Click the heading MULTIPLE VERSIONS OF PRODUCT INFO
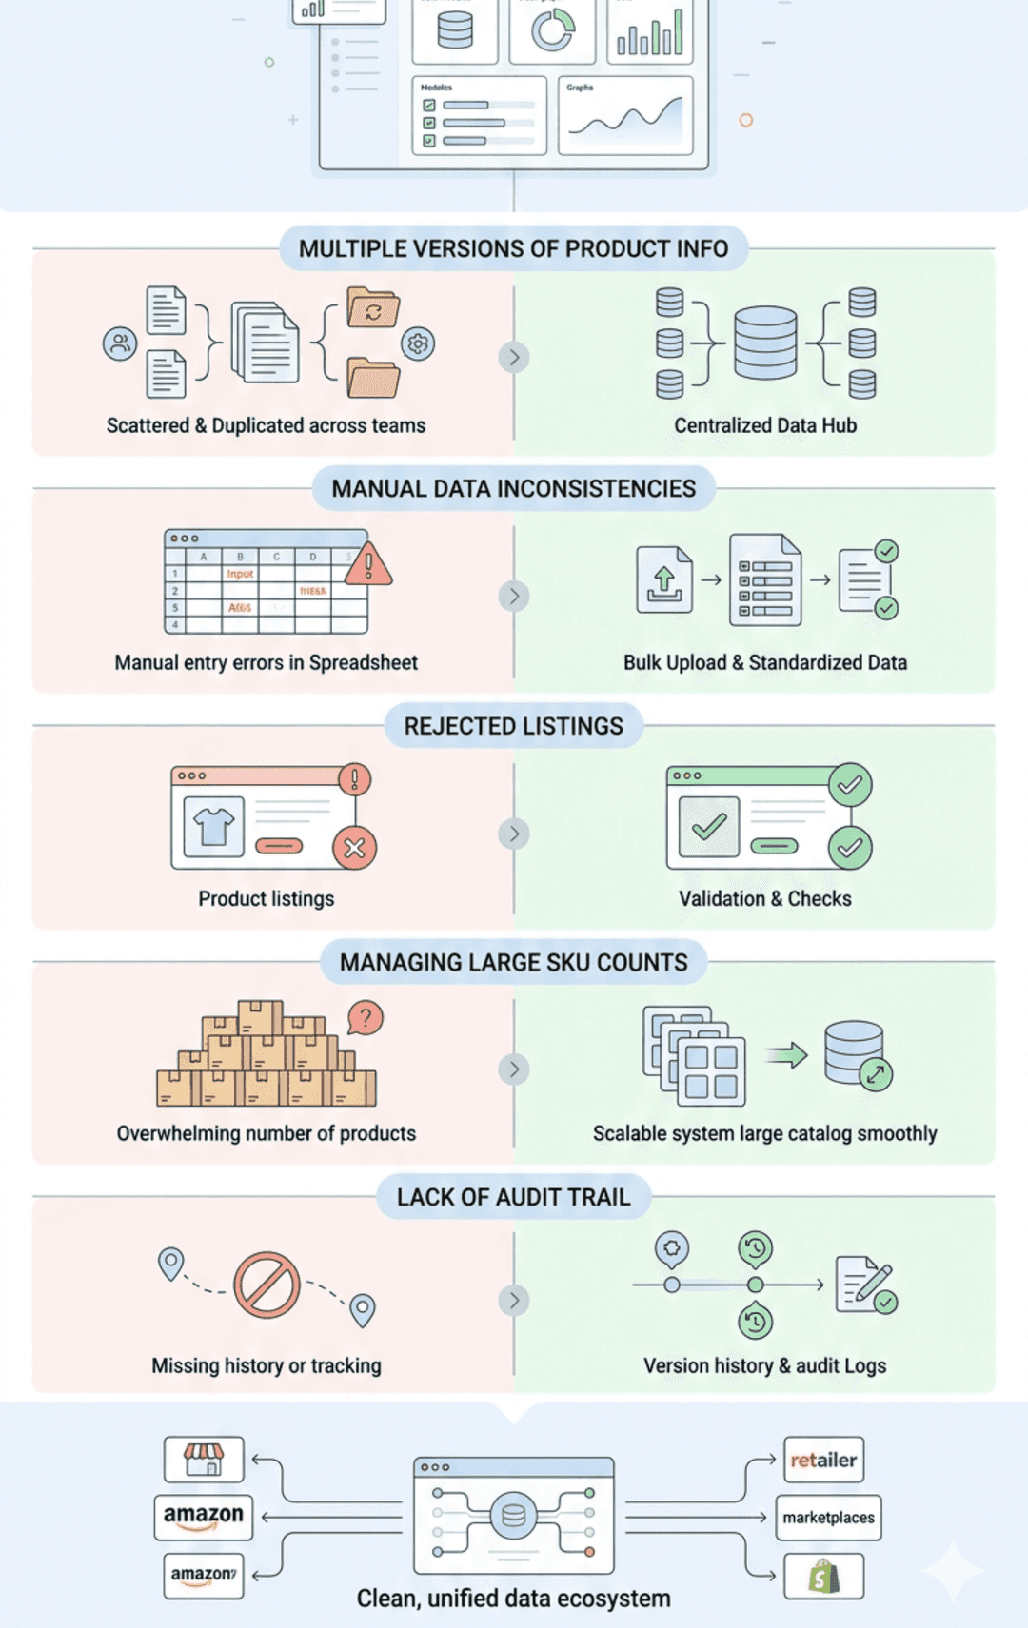(513, 249)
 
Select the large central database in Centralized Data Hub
(765, 343)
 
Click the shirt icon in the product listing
(213, 826)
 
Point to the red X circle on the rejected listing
(354, 848)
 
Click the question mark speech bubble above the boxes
(366, 1018)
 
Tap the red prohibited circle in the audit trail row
(267, 1285)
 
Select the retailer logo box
(823, 1460)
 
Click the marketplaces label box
(828, 1518)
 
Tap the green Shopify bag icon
(824, 1577)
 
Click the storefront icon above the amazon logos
(204, 1459)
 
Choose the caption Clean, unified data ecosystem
(513, 1599)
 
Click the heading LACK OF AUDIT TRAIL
(513, 1197)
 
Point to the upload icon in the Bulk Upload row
(664, 579)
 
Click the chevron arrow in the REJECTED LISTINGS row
(514, 834)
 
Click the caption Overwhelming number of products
(266, 1133)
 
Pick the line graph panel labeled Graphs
(625, 116)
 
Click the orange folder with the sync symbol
(373, 308)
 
